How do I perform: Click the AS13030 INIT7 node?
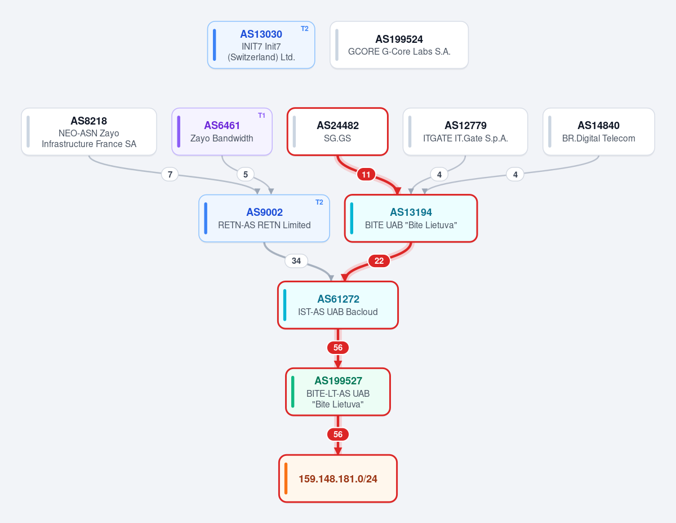point(261,45)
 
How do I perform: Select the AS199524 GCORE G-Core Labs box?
point(399,45)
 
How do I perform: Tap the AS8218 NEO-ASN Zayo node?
point(89,132)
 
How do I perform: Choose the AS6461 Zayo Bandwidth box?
point(222,132)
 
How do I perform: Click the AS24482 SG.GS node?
point(337,132)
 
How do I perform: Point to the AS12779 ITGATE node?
point(465,132)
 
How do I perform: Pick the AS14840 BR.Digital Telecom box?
point(599,132)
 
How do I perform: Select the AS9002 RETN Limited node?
point(264,219)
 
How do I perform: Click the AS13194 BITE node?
point(411,219)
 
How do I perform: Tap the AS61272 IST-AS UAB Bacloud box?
point(338,305)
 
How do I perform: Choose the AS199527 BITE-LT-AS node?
point(338,392)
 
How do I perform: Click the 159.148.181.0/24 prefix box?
point(338,479)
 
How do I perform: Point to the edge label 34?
point(296,261)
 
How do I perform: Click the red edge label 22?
point(379,261)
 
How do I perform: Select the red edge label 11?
point(366,175)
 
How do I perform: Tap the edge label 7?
point(170,175)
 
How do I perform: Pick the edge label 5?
point(246,175)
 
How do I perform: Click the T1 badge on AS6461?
point(261,116)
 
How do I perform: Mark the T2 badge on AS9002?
point(319,202)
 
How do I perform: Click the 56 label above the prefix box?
point(338,435)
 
